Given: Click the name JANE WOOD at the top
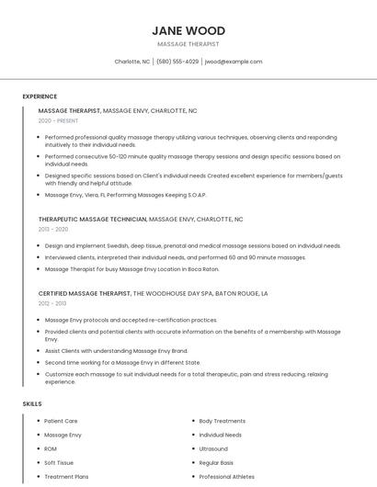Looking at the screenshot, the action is [188, 30].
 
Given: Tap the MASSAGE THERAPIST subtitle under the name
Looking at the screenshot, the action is [188, 43].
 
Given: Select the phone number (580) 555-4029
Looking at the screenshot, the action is [177, 62].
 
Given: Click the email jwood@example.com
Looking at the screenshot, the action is [234, 62].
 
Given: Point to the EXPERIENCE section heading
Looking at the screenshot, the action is [40, 96].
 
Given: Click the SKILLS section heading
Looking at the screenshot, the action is [32, 403].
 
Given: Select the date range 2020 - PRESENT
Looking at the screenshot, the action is [59, 120].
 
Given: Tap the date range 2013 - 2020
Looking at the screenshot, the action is [53, 230].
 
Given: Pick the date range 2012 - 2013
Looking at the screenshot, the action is [52, 303].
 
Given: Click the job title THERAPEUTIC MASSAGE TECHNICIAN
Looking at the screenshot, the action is [92, 220].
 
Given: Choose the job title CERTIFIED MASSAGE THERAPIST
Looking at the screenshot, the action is [85, 293].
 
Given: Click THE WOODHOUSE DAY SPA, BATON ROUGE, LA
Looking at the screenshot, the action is [200, 293].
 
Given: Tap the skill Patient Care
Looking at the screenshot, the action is [61, 421].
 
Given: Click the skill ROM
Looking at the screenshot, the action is [51, 449].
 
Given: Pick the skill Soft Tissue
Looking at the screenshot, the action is [59, 463].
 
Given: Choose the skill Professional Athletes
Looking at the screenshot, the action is [227, 477].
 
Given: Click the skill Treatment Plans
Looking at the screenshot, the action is [66, 477].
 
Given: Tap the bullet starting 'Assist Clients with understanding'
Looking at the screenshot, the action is [116, 350].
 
